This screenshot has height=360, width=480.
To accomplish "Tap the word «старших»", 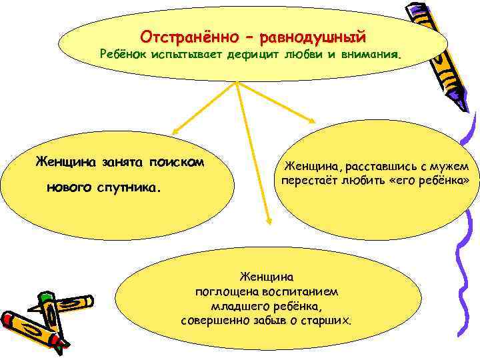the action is (x=326, y=321).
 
